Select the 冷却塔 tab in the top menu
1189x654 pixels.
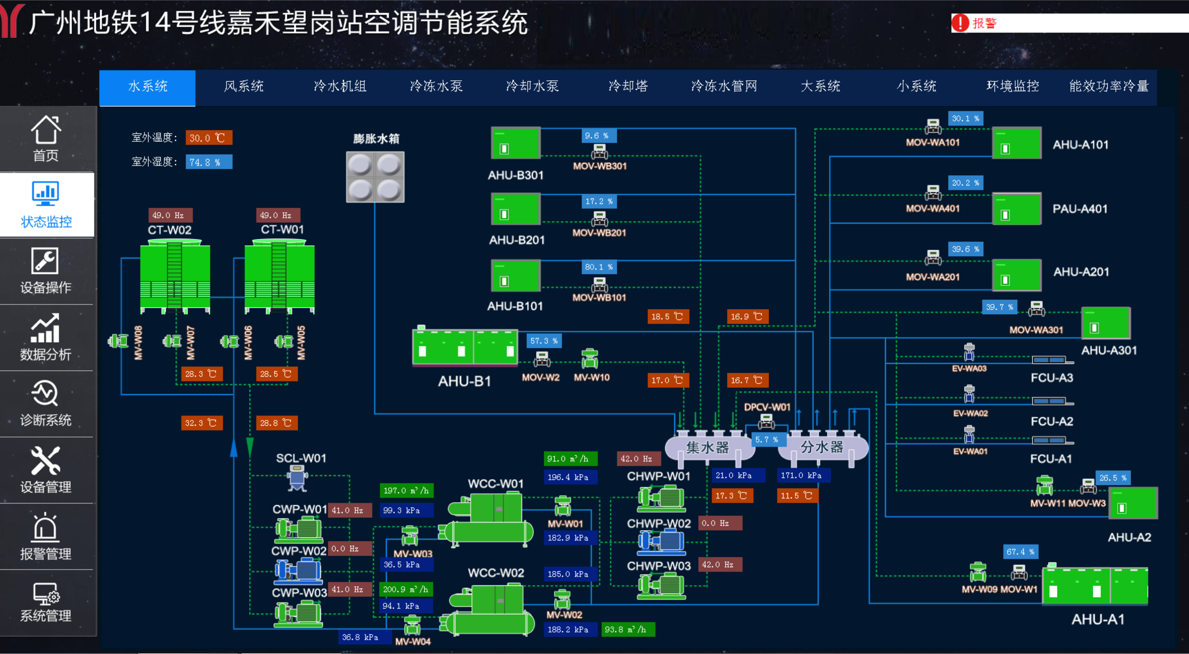click(628, 86)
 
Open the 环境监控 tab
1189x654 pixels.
click(1013, 86)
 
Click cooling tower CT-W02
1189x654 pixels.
click(175, 277)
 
